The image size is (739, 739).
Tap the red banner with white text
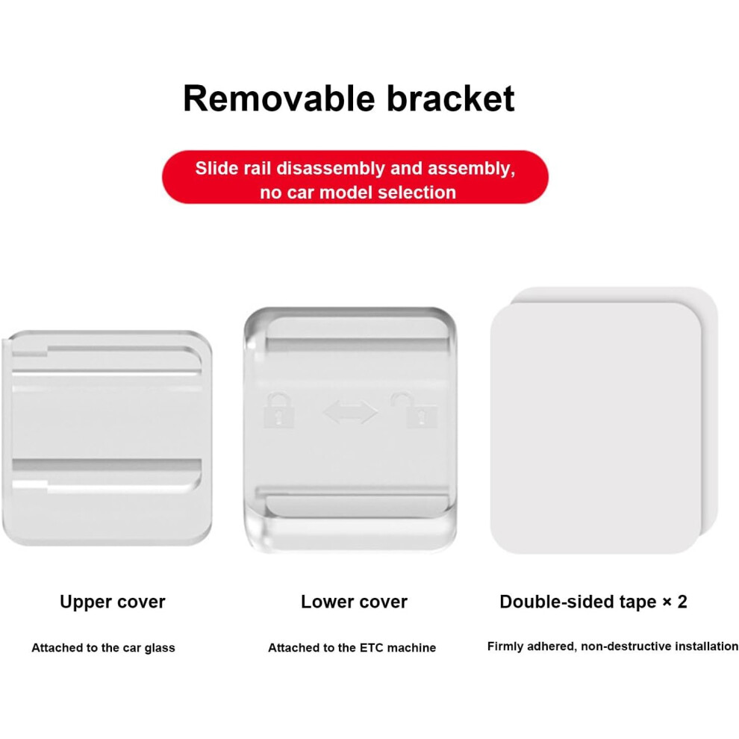click(x=355, y=177)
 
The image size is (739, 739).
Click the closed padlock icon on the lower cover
click(x=278, y=410)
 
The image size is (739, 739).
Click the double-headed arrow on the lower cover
click(x=351, y=412)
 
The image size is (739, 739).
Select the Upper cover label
click(x=113, y=602)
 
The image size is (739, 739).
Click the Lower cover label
click(x=354, y=602)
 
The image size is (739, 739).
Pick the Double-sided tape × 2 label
click(x=593, y=602)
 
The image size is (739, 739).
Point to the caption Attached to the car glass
click(x=103, y=648)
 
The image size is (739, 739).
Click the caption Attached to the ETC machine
click(x=352, y=648)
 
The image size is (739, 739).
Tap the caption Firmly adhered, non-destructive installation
click(x=613, y=646)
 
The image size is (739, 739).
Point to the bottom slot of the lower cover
click(x=357, y=505)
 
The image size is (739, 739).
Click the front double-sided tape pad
click(x=596, y=428)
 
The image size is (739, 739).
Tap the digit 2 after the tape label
click(x=682, y=602)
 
